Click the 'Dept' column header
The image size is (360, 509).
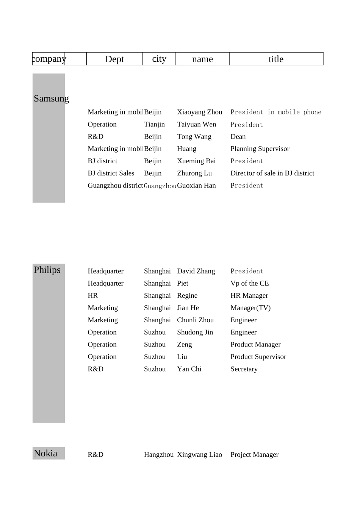point(114,59)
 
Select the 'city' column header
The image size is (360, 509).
point(159,59)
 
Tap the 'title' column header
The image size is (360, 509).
point(276,59)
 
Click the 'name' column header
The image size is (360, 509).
point(202,59)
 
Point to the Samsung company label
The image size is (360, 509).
point(51,98)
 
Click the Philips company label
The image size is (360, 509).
point(47,270)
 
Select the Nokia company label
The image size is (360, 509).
point(45,453)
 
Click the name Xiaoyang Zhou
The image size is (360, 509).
point(199,112)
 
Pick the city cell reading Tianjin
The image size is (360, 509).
point(154,124)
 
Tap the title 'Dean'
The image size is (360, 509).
point(238,137)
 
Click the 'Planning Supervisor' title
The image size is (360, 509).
point(260,149)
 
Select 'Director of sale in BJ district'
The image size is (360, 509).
point(272,173)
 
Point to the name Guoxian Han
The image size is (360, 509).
point(196,186)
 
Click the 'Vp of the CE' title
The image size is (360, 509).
point(249,283)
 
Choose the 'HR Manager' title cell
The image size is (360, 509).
point(249,295)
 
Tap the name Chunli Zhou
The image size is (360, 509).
point(195,320)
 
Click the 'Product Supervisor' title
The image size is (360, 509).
point(258,357)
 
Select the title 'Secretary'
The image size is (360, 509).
point(244,369)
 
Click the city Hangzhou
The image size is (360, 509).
point(158,454)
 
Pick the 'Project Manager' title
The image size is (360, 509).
point(254,454)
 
